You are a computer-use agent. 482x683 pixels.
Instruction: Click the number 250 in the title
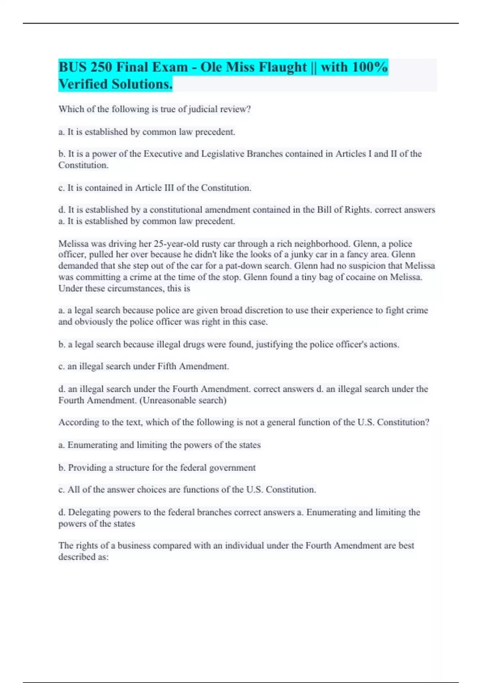click(x=101, y=67)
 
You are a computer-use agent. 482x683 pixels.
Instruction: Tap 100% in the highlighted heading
click(x=370, y=67)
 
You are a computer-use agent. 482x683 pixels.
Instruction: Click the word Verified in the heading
click(x=83, y=84)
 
